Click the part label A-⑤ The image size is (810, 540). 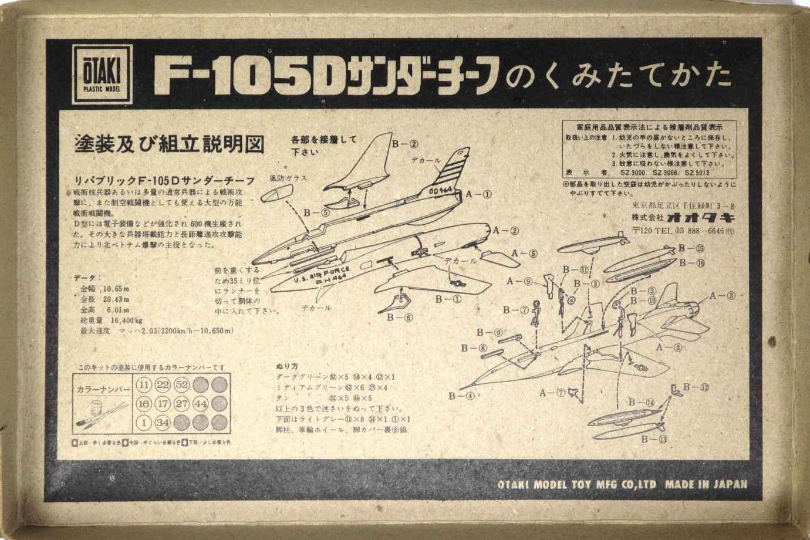(524, 254)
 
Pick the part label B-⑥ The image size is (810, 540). (400, 318)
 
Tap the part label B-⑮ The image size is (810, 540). (691, 248)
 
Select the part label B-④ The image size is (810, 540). (461, 396)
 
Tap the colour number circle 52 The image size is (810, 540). (181, 386)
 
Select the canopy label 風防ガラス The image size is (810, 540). (288, 177)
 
